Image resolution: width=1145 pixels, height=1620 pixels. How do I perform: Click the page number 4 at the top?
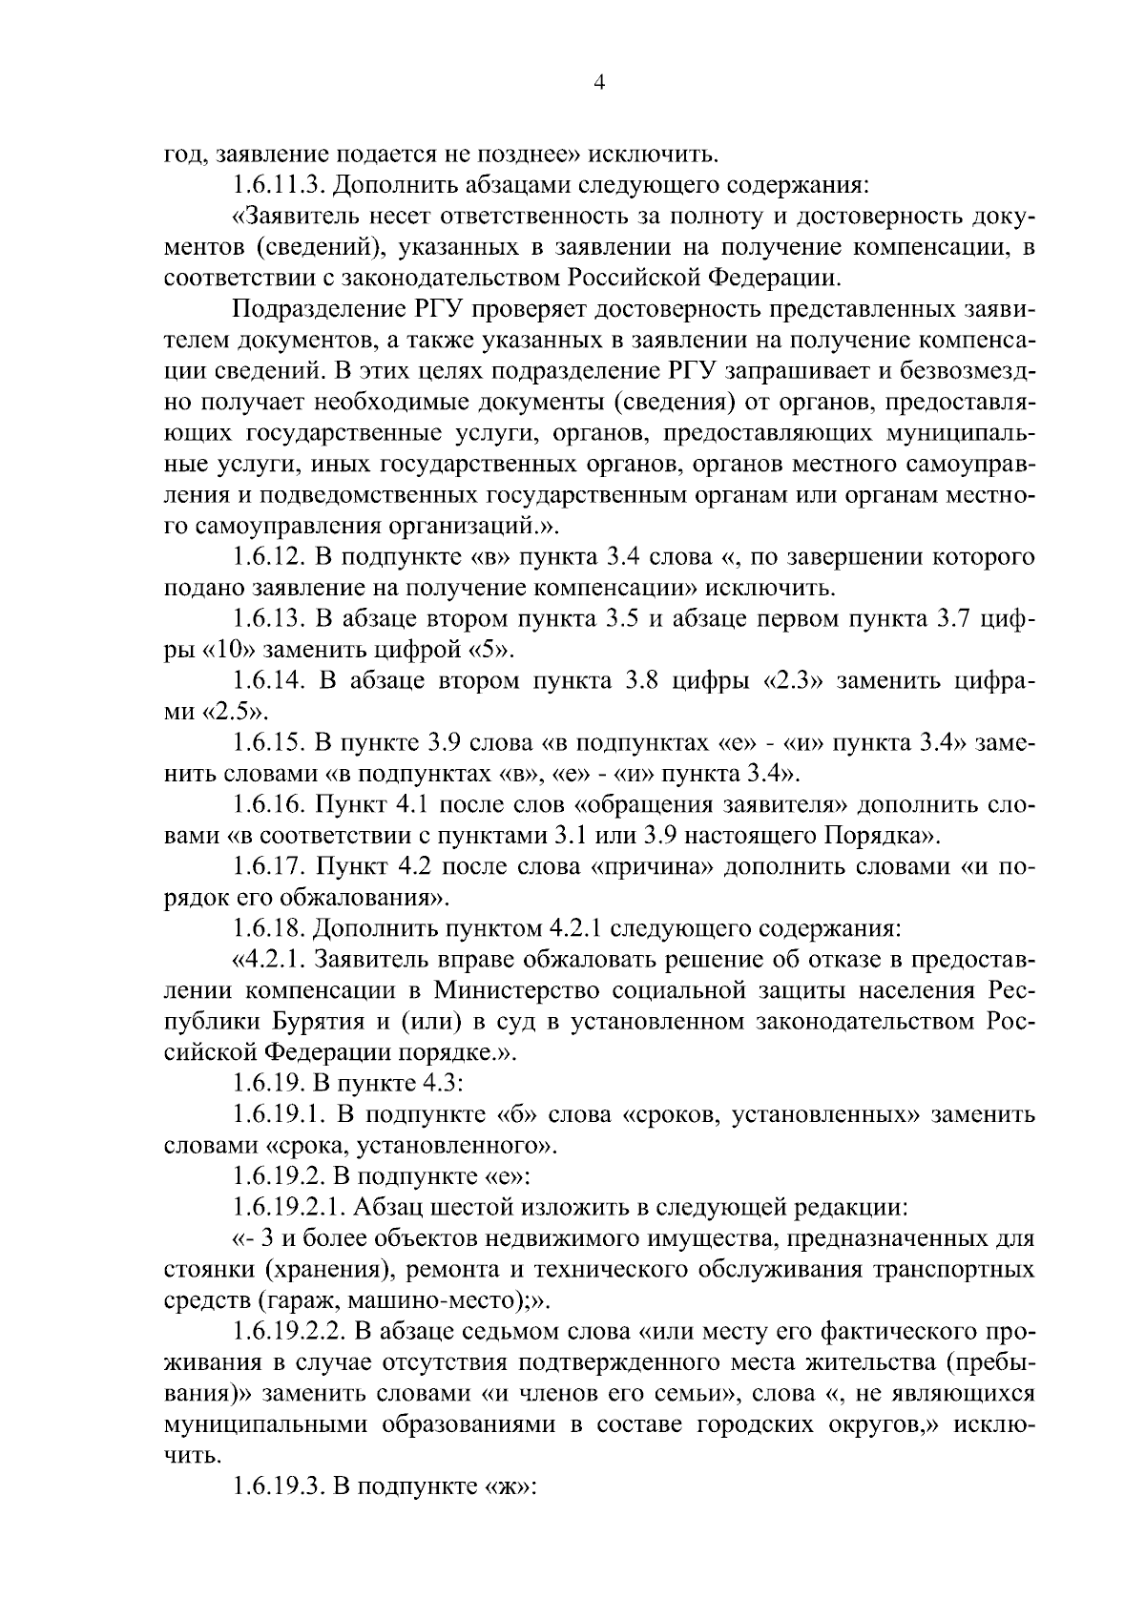tap(599, 83)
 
